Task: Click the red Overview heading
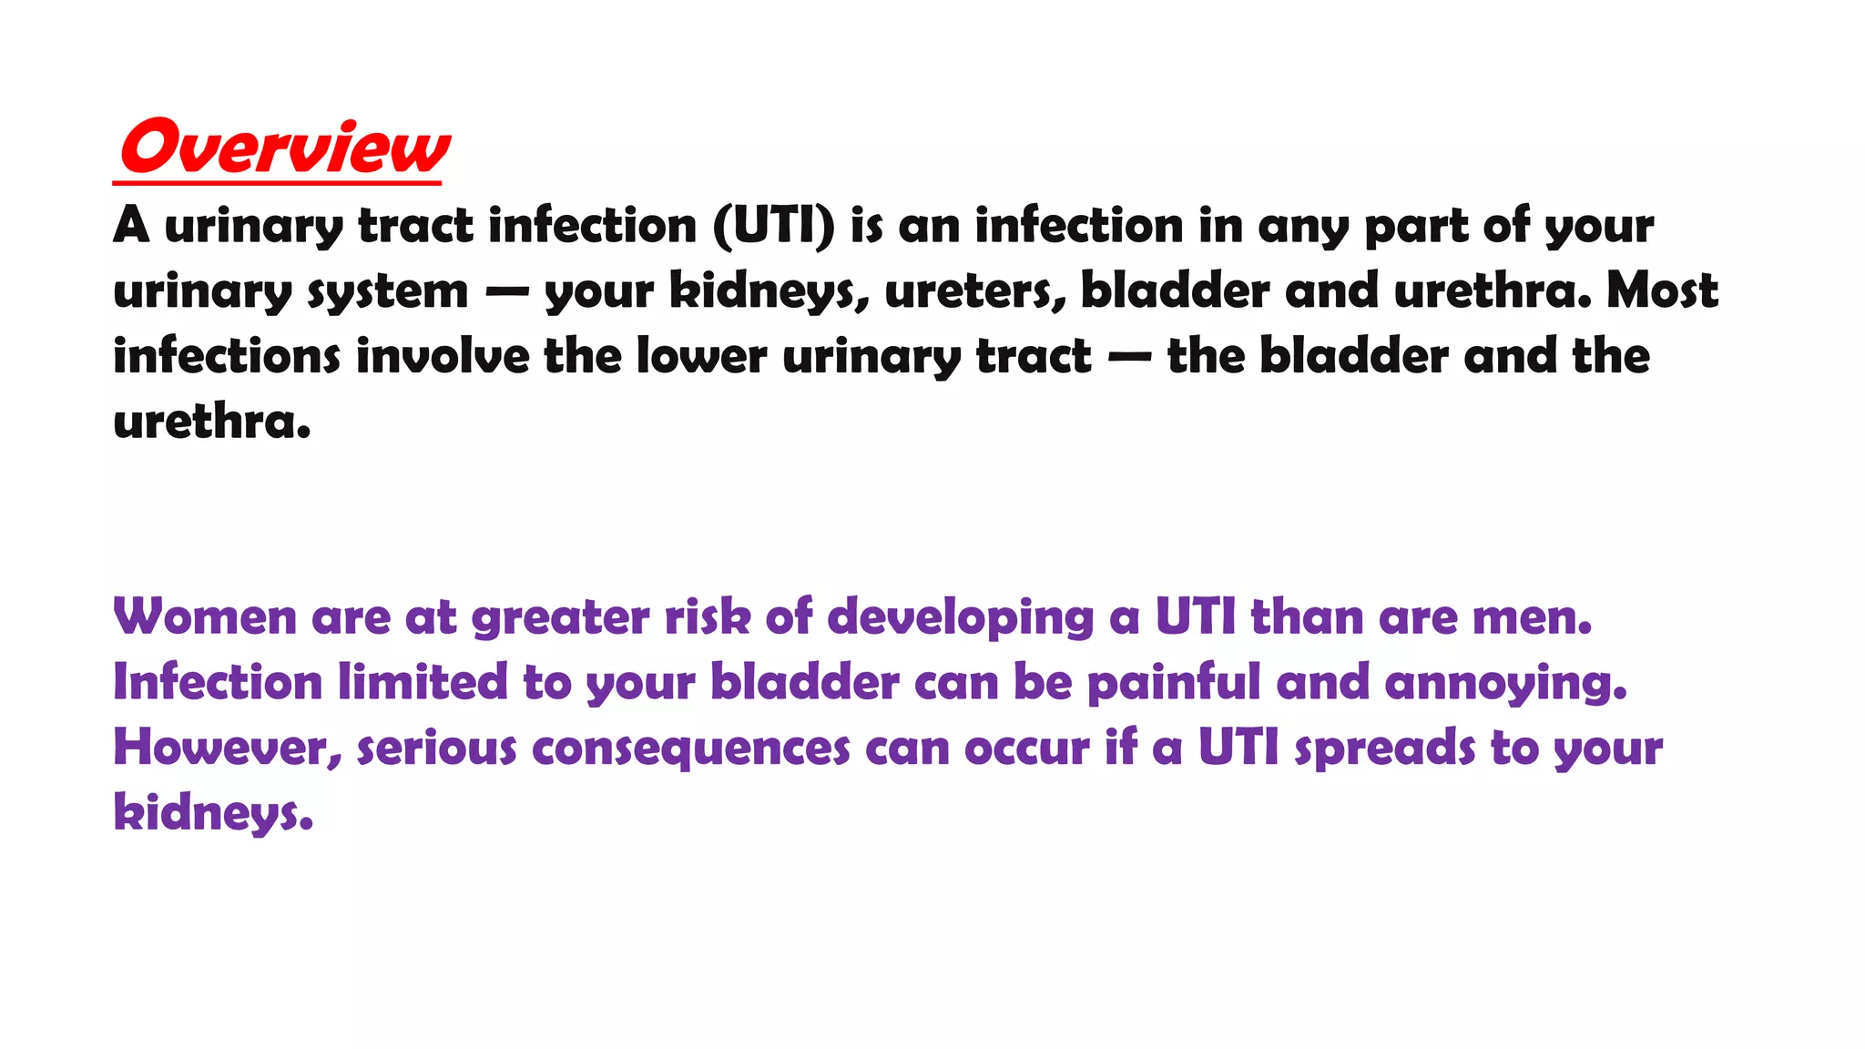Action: (x=284, y=148)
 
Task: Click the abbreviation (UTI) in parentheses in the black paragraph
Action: (x=773, y=225)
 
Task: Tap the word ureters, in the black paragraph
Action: (x=974, y=291)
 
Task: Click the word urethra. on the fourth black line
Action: (x=212, y=422)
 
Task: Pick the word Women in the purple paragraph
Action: (x=205, y=616)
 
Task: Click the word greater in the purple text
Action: (x=560, y=618)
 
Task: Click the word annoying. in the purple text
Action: (x=1505, y=684)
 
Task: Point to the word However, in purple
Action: (x=228, y=748)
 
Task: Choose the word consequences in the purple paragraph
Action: (x=691, y=749)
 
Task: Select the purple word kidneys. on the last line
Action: (x=213, y=813)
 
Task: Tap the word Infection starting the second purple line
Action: (x=218, y=682)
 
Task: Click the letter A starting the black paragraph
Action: (x=131, y=225)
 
